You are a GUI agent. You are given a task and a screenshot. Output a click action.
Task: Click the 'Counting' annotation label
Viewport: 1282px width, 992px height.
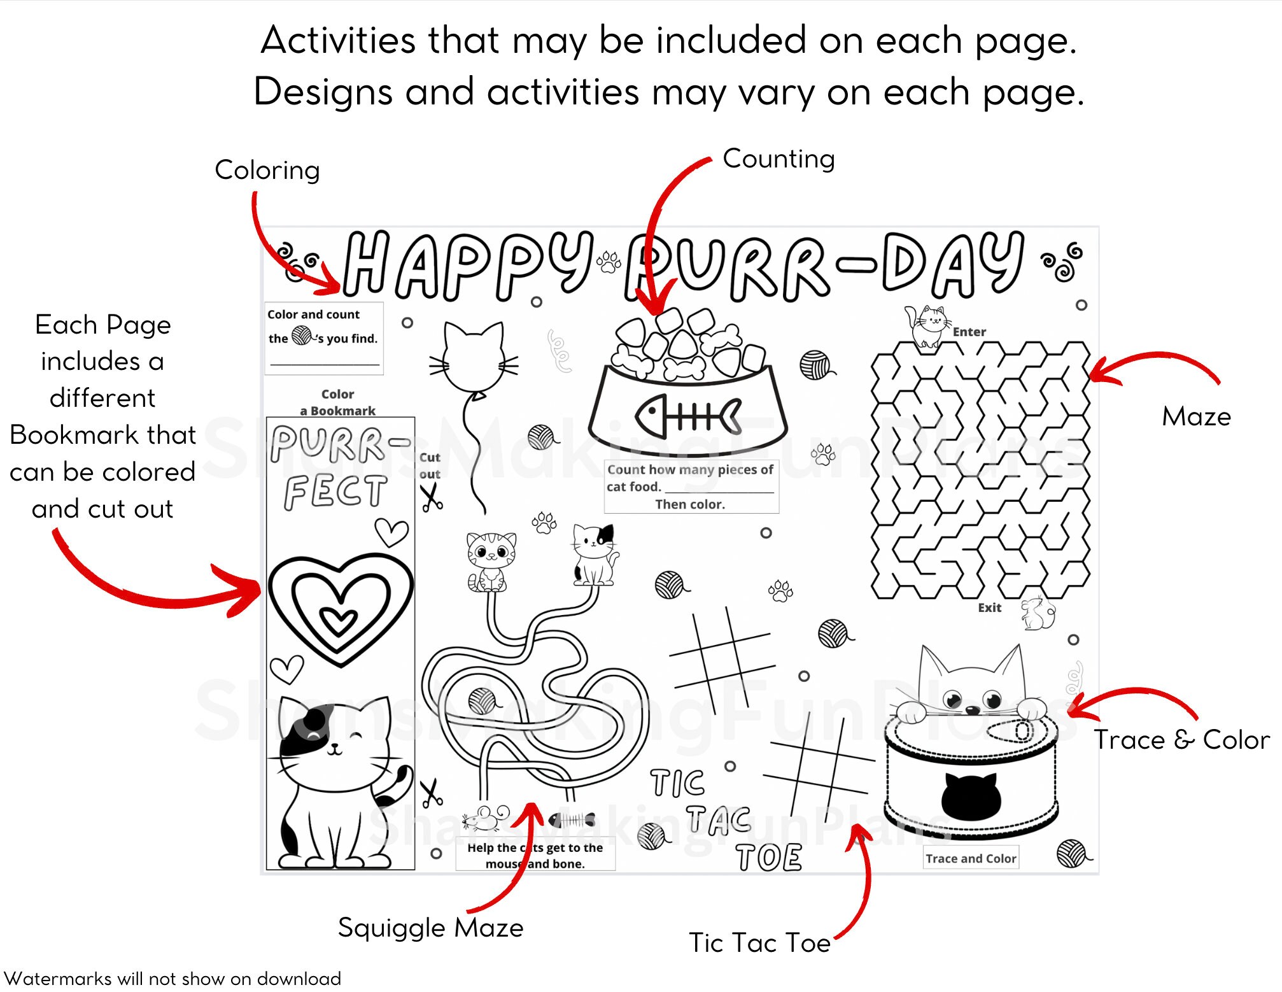778,159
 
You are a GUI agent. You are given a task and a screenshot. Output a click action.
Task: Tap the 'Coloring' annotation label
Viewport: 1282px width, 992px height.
267,171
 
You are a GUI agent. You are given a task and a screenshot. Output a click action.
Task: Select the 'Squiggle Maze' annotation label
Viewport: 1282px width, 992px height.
430,928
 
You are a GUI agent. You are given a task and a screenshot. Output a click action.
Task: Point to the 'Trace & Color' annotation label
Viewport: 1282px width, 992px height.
1181,740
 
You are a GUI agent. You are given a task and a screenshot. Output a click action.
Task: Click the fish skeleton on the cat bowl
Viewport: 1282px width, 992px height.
688,415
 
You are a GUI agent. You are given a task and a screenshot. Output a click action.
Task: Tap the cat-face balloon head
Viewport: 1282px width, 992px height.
474,357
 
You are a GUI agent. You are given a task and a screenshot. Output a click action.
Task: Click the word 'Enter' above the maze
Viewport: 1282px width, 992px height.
969,332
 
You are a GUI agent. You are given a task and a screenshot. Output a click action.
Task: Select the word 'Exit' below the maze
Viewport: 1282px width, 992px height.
989,608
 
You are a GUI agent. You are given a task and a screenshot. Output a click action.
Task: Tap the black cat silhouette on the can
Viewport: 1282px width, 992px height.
971,795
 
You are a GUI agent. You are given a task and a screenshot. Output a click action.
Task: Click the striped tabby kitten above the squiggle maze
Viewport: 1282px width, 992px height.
491,561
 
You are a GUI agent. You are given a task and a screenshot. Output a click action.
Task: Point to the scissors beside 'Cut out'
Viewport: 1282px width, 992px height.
431,497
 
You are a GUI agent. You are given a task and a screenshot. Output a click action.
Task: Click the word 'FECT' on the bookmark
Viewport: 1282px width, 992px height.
335,492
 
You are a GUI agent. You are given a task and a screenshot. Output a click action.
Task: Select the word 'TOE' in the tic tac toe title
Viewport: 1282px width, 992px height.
769,858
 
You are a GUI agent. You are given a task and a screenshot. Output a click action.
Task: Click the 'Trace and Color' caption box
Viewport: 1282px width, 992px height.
971,858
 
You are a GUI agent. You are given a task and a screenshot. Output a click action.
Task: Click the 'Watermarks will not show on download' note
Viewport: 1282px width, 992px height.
173,979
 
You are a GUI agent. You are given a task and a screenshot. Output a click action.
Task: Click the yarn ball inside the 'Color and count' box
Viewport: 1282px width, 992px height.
302,335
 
